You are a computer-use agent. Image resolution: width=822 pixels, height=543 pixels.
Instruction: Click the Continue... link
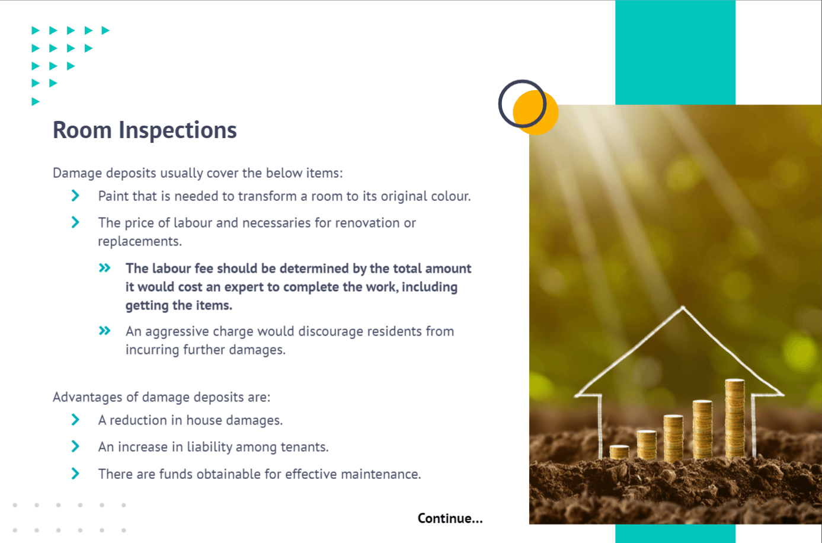click(450, 518)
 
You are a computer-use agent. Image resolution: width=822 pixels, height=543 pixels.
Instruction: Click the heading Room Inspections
click(145, 130)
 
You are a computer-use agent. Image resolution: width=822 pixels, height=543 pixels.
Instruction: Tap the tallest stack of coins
click(735, 419)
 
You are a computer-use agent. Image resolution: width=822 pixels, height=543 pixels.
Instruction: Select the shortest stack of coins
click(619, 452)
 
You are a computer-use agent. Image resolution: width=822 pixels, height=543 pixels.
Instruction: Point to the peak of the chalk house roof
click(683, 306)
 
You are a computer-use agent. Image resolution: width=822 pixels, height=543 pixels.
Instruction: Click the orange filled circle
click(536, 113)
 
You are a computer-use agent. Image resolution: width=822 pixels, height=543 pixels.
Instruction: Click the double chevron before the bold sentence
click(104, 267)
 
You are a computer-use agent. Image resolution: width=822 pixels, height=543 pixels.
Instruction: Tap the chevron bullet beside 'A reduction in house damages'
click(75, 419)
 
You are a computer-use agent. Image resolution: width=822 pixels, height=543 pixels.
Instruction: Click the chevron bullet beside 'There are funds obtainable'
click(75, 473)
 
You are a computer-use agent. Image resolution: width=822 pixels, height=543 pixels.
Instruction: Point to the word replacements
click(140, 242)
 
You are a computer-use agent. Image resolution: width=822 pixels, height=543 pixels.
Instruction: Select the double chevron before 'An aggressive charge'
click(104, 330)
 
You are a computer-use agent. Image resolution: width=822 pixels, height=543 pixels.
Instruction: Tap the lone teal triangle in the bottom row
click(36, 101)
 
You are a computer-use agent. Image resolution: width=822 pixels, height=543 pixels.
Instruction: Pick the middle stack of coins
click(673, 437)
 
